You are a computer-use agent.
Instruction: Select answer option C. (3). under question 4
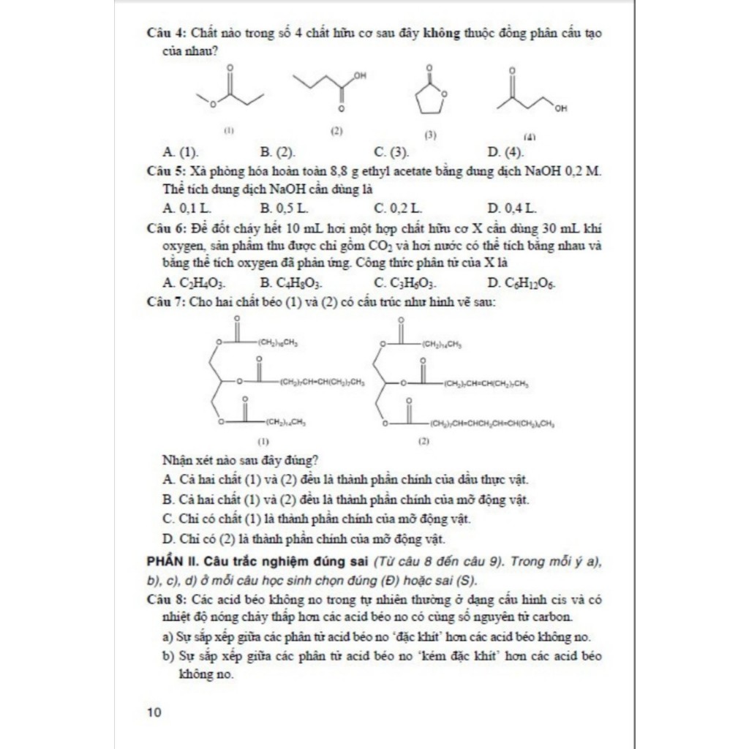pyautogui.click(x=391, y=152)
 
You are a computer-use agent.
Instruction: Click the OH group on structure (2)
pyautogui.click(x=359, y=75)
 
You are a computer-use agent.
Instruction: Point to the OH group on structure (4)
pyautogui.click(x=560, y=110)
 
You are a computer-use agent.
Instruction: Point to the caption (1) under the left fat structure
pyautogui.click(x=264, y=442)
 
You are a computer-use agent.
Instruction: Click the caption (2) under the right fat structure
pyautogui.click(x=424, y=442)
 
